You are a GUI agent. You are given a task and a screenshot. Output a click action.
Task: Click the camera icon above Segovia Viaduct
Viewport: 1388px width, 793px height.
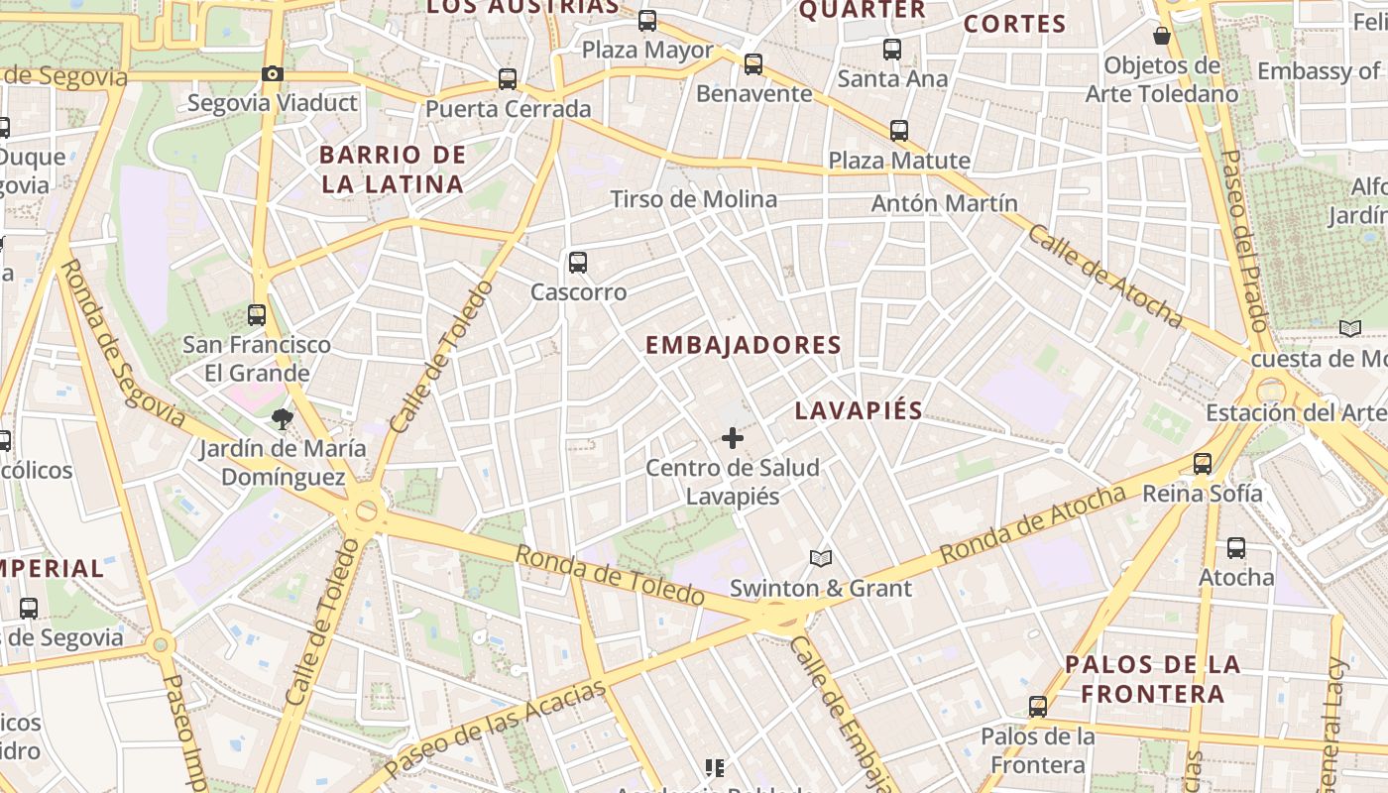point(272,73)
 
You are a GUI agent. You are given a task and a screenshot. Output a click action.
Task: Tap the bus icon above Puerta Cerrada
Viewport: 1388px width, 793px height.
point(508,79)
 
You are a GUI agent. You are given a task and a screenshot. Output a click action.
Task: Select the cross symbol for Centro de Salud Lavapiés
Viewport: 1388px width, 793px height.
point(733,438)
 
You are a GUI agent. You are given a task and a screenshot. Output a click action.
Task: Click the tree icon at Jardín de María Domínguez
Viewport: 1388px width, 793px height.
point(283,419)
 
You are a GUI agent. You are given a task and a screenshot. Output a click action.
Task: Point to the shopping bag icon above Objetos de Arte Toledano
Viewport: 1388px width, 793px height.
point(1162,37)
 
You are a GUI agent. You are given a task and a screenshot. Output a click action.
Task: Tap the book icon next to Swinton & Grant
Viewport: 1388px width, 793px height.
point(820,559)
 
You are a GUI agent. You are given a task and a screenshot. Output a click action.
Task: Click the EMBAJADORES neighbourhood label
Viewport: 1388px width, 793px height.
point(744,345)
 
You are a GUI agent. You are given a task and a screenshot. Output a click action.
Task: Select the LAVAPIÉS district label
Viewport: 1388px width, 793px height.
point(859,410)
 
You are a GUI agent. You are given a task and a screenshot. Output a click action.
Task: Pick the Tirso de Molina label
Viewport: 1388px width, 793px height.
point(694,199)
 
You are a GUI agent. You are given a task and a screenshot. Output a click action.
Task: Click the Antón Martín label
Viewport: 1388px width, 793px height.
point(944,203)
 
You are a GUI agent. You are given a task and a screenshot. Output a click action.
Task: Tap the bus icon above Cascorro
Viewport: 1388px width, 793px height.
point(578,263)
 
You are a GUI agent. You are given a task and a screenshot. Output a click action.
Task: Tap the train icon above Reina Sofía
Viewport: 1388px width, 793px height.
point(1203,463)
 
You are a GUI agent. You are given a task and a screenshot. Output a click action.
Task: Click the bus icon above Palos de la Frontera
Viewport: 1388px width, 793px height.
point(1037,707)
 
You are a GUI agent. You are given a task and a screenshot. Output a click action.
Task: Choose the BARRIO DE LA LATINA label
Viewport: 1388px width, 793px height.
point(393,170)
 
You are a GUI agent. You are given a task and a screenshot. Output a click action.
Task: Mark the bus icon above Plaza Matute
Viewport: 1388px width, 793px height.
point(899,130)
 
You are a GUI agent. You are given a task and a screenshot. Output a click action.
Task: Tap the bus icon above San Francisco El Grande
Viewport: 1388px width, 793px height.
point(257,315)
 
